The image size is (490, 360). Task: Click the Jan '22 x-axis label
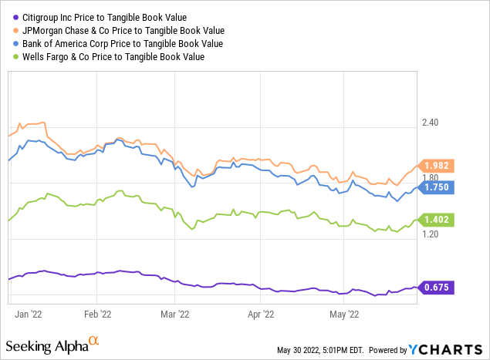[29, 314]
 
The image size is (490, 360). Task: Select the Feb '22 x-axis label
[96, 314]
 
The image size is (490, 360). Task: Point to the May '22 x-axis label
[343, 314]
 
